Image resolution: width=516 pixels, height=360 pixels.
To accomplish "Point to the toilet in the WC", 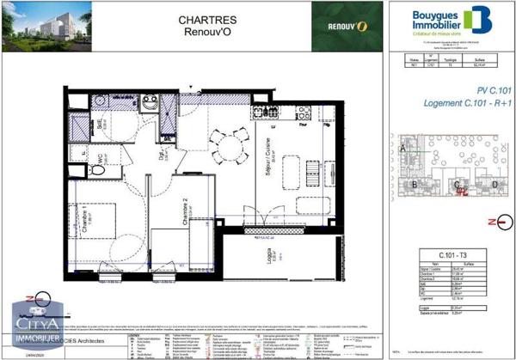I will tap(96, 170).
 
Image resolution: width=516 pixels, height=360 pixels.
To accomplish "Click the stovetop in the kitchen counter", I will tap(303, 112).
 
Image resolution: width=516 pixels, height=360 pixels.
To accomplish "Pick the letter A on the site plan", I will tap(402, 149).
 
